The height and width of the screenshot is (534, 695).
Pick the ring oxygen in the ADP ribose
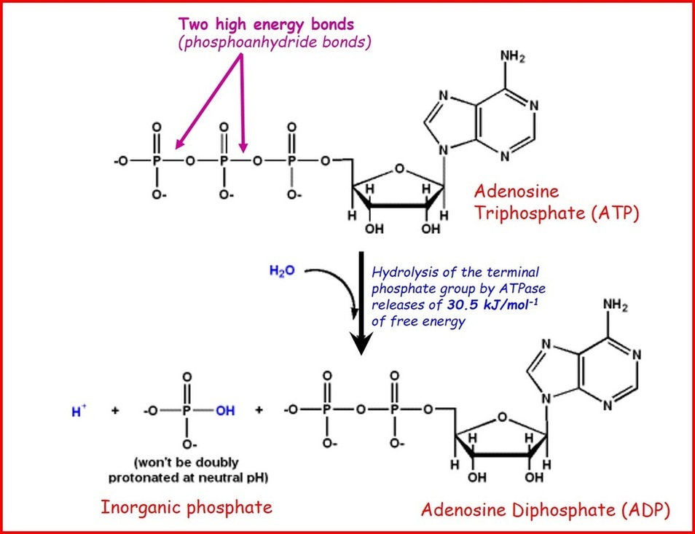499,419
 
